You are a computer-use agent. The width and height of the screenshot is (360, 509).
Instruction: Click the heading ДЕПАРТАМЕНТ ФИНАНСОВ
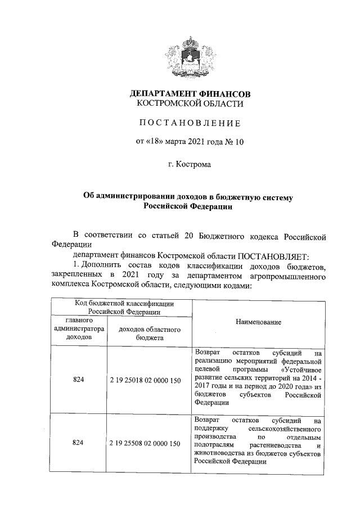tap(190, 93)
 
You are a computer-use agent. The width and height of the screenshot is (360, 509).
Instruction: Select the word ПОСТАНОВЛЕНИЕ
tap(190, 123)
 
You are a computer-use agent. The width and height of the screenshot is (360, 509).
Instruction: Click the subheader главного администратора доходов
tap(78, 328)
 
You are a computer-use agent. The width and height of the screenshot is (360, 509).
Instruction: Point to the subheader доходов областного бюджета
tap(149, 333)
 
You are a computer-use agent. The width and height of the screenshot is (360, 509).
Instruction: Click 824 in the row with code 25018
tap(78, 381)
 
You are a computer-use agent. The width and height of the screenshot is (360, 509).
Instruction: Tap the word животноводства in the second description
tap(218, 453)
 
